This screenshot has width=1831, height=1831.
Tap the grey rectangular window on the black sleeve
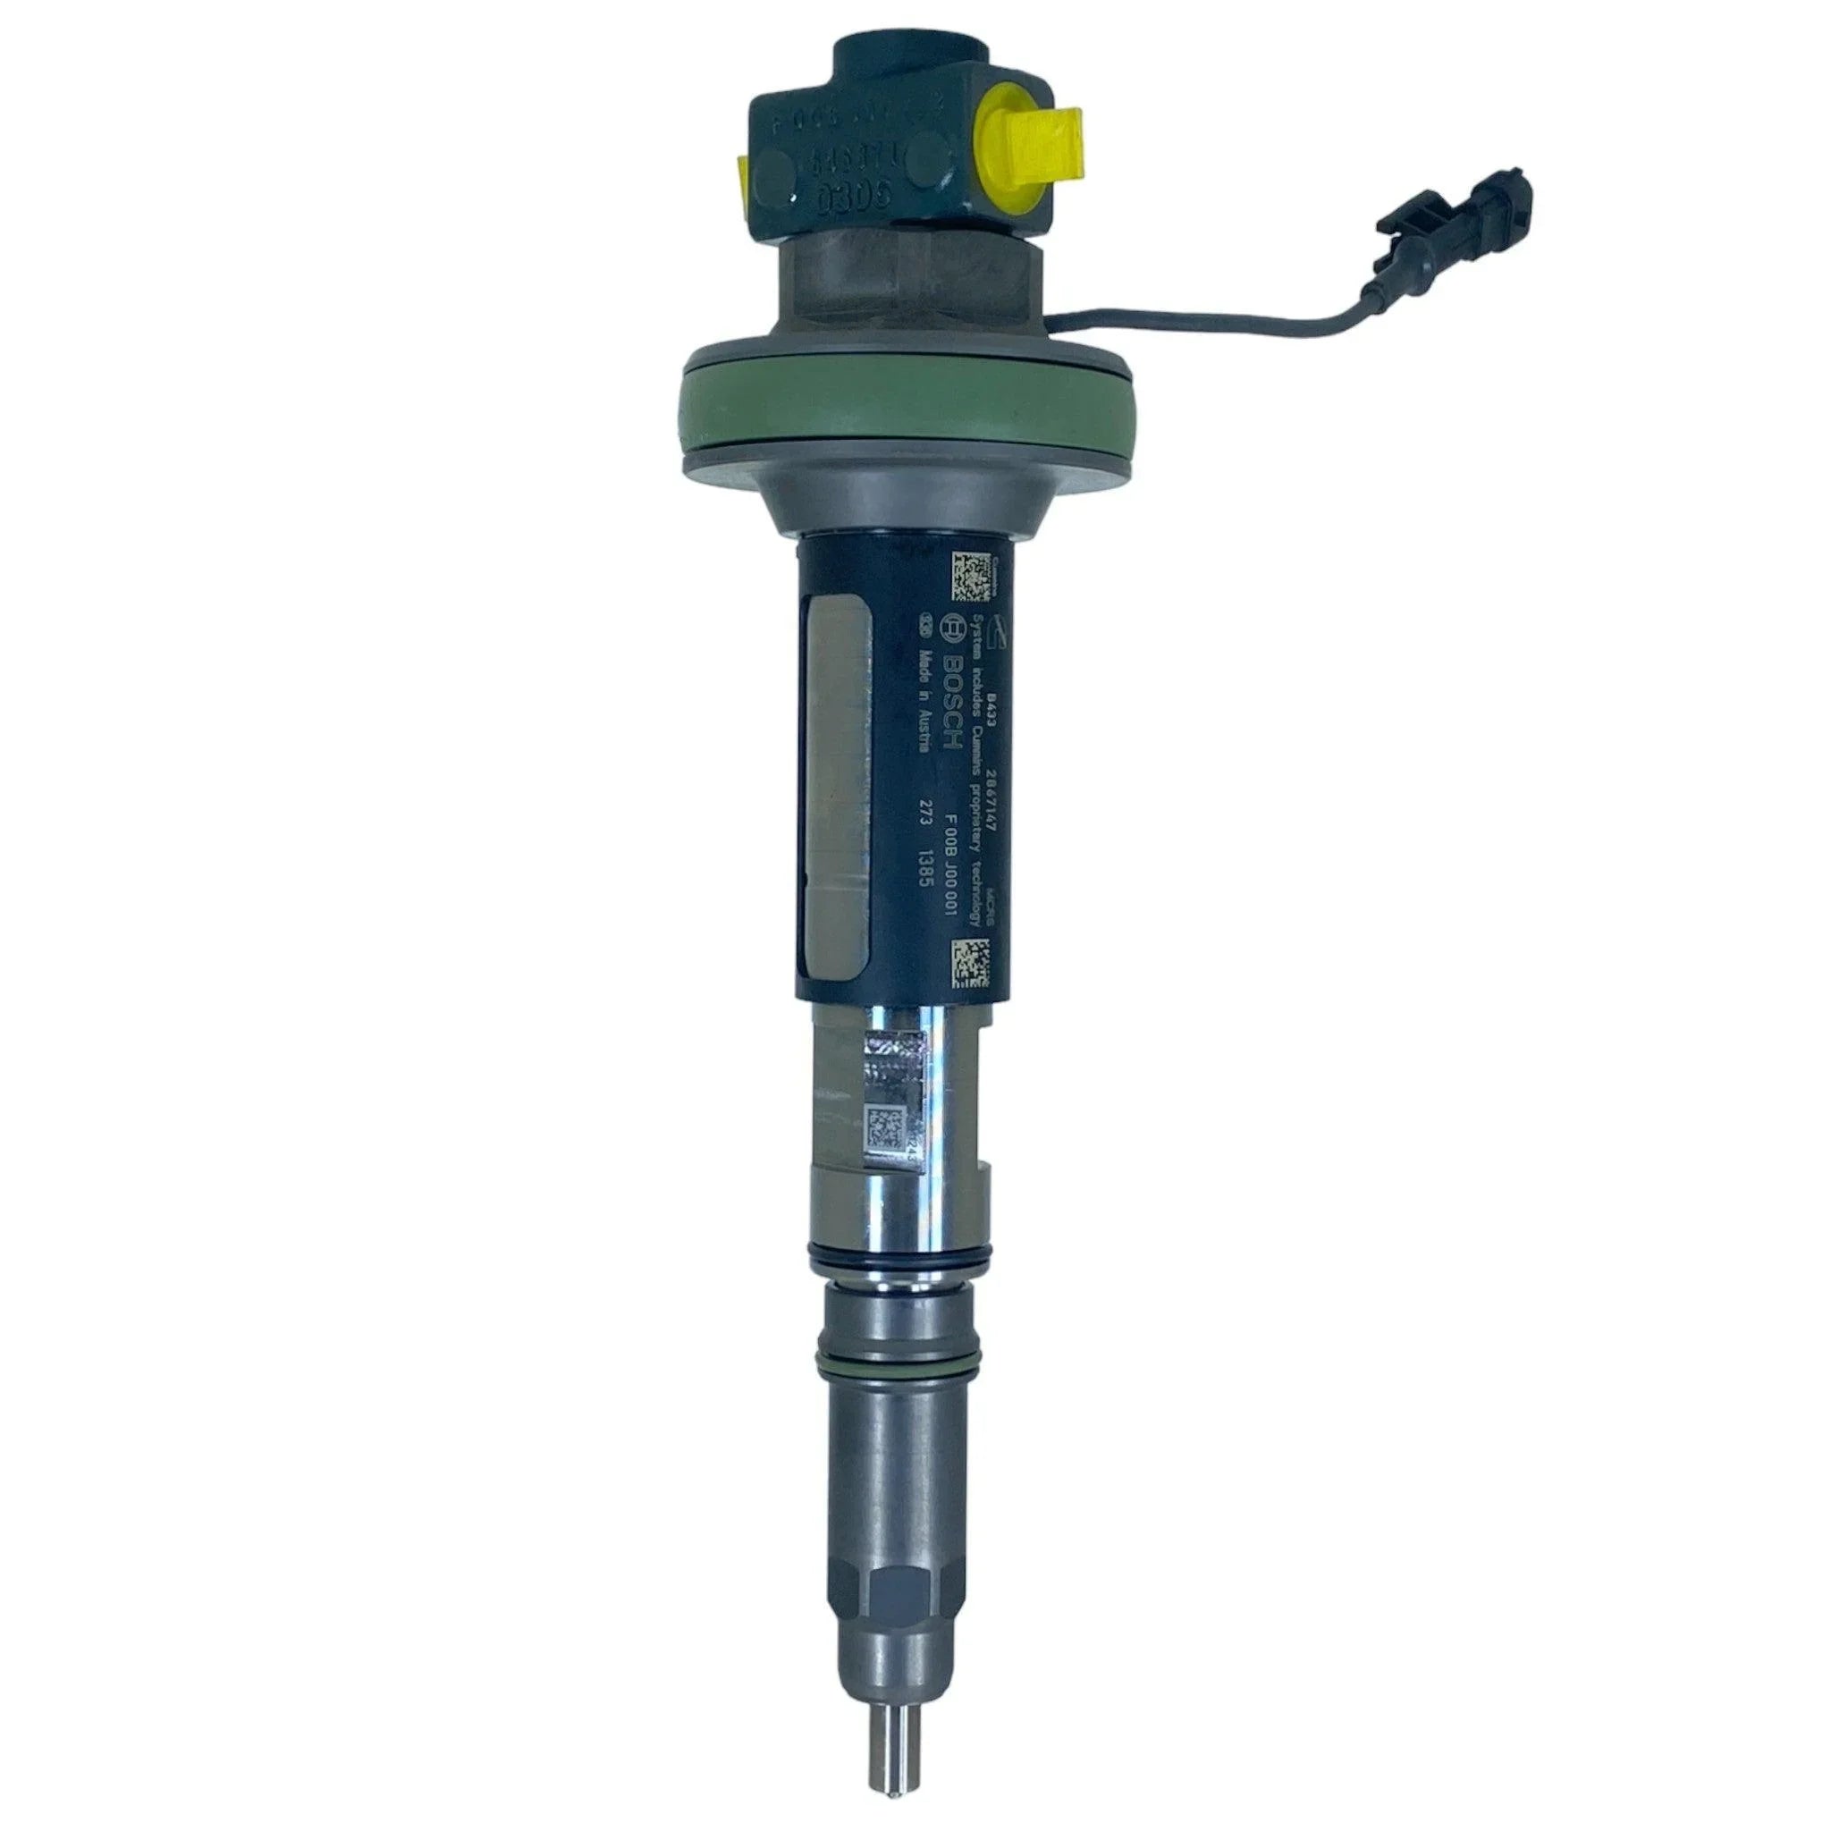[x=839, y=777]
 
